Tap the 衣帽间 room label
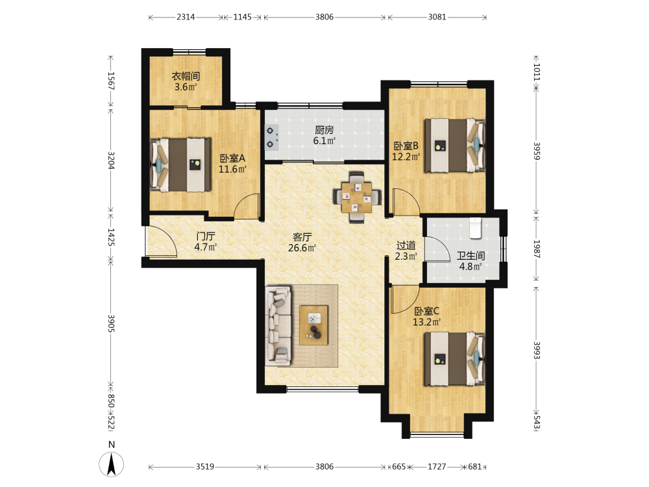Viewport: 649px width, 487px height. pyautogui.click(x=186, y=76)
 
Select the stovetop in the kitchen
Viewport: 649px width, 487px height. pyautogui.click(x=271, y=137)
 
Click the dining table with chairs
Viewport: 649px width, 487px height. pyautogui.click(x=357, y=197)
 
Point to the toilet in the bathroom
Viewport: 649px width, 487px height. pyautogui.click(x=476, y=228)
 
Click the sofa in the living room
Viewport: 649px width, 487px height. pyautogui.click(x=278, y=326)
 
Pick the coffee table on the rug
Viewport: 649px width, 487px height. pyautogui.click(x=313, y=325)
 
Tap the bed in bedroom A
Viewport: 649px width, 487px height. pyautogui.click(x=180, y=165)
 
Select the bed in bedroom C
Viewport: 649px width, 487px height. pyautogui.click(x=454, y=359)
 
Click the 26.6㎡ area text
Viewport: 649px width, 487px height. pyautogui.click(x=302, y=248)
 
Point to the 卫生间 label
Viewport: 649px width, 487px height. pyautogui.click(x=471, y=256)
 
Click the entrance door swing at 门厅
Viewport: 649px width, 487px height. pyautogui.click(x=161, y=242)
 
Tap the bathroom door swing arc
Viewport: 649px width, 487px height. pyautogui.click(x=437, y=249)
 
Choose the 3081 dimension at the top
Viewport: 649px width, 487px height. pyautogui.click(x=437, y=17)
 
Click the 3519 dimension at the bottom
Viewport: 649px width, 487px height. pyautogui.click(x=205, y=467)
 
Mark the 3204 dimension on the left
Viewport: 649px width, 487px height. pyautogui.click(x=111, y=160)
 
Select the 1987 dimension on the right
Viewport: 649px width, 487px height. pyautogui.click(x=537, y=249)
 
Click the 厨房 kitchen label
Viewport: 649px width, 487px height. pyautogui.click(x=324, y=130)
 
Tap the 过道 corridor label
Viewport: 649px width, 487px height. pyautogui.click(x=406, y=245)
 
